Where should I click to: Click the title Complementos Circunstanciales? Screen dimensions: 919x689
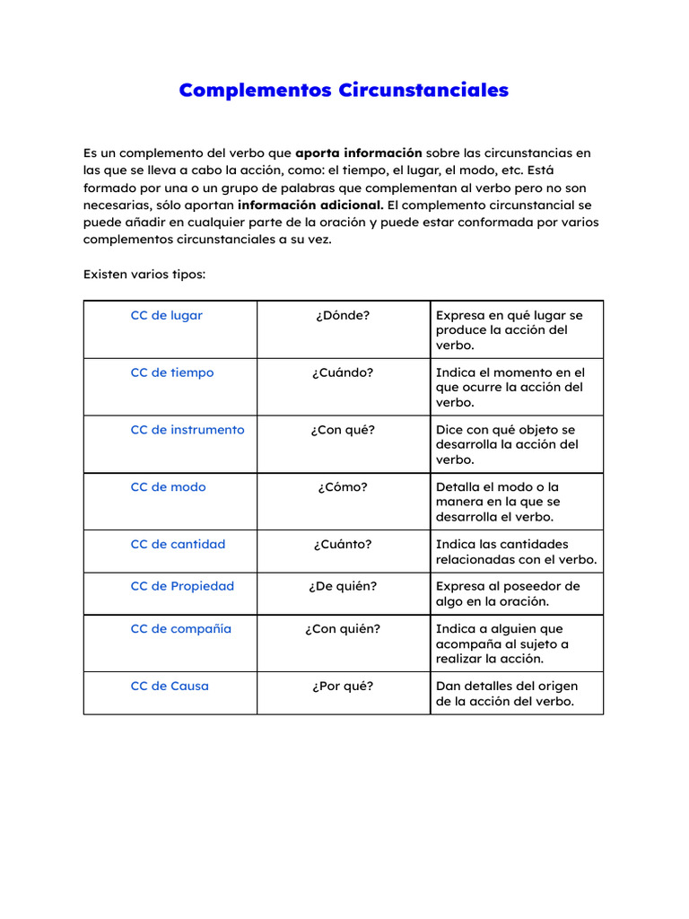tap(344, 91)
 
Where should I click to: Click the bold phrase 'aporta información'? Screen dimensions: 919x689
tap(358, 153)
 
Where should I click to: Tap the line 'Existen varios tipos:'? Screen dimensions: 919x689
tap(144, 274)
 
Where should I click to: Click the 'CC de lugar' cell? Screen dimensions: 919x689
tap(167, 316)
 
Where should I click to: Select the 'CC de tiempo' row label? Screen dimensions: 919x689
tap(172, 372)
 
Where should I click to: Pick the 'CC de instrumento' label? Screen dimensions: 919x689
tap(188, 430)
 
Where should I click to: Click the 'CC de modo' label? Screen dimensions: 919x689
tap(168, 487)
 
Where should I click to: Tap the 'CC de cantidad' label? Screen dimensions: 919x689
tap(178, 544)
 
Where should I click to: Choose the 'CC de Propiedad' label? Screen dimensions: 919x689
tap(182, 586)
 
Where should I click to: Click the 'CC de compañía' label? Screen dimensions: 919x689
tap(180, 629)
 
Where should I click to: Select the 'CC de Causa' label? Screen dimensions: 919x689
tap(170, 687)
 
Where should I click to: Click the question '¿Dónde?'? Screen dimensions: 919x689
tap(343, 316)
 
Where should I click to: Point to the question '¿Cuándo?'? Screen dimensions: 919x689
tap(343, 372)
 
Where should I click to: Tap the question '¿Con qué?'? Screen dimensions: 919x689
tap(343, 430)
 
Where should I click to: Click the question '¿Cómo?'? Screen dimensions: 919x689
tap(343, 487)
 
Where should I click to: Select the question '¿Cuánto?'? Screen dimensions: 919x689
tap(343, 544)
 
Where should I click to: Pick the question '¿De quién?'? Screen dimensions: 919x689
tap(343, 586)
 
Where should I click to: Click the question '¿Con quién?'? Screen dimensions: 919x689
tap(343, 629)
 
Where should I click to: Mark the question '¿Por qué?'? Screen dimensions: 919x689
tap(343, 687)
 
